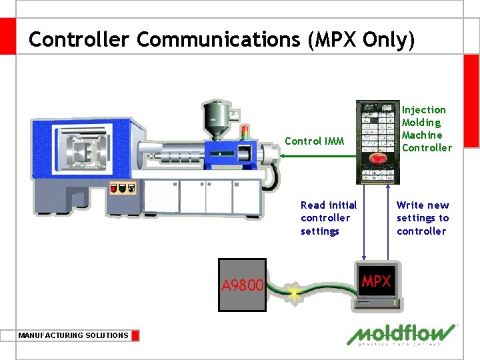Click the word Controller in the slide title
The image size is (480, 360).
point(79,39)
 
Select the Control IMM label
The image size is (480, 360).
point(315,141)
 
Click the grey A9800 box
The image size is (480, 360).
point(243,285)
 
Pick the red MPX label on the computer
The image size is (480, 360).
point(376,281)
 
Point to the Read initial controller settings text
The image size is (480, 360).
point(329,218)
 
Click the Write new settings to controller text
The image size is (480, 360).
point(423,218)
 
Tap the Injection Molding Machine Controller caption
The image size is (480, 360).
point(427,129)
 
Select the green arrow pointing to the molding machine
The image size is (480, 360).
point(317,155)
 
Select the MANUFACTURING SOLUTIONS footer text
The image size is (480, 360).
point(73,335)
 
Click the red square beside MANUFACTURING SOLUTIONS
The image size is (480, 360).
point(135,335)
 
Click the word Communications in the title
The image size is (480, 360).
point(219,39)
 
